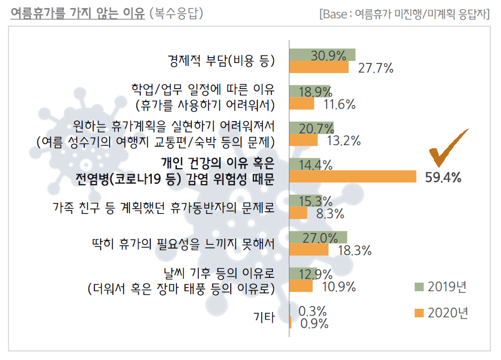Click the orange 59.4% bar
click(x=352, y=177)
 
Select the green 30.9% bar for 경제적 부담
click(x=322, y=54)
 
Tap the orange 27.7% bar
click(x=319, y=67)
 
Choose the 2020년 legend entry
click(x=441, y=313)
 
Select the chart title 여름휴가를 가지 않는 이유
click(x=77, y=13)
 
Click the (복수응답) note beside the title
click(x=176, y=13)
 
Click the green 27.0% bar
click(x=318, y=237)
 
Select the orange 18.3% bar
click(x=309, y=250)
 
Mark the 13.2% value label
click(x=345, y=141)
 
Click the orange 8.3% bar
click(x=298, y=213)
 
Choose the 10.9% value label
click(x=340, y=286)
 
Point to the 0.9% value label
click(x=314, y=323)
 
